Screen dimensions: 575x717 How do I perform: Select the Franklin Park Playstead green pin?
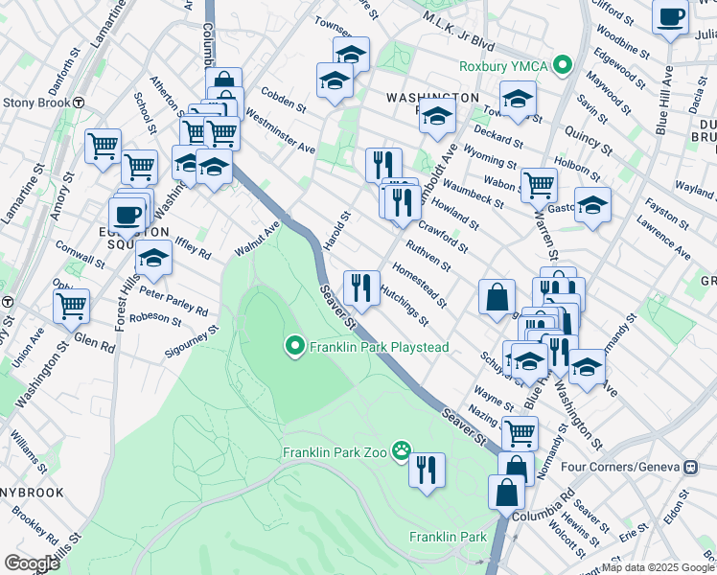pos(294,346)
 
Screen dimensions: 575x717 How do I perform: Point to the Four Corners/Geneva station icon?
pos(690,467)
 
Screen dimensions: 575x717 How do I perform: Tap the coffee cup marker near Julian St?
pos(670,15)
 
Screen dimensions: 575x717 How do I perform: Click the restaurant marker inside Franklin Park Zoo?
pos(427,470)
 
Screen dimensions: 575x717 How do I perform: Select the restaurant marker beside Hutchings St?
pos(360,287)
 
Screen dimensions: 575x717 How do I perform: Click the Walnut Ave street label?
pos(257,240)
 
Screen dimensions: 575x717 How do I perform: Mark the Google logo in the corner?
pos(31,563)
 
